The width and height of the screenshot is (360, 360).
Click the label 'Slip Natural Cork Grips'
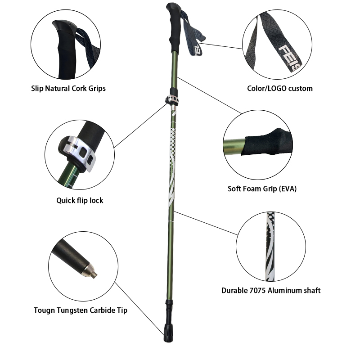point(68,89)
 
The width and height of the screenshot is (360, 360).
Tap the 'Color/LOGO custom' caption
point(280,88)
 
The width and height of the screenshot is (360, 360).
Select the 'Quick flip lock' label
point(80,200)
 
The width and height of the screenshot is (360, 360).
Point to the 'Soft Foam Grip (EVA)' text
point(262,189)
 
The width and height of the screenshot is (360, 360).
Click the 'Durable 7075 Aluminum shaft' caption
point(271,291)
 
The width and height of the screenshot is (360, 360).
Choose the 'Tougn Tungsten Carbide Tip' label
point(81,310)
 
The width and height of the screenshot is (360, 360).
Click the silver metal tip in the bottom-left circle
point(91,272)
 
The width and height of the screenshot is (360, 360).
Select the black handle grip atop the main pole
point(175,27)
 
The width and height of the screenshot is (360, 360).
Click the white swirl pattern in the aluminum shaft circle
point(270,247)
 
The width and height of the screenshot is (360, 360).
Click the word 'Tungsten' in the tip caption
point(73,310)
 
